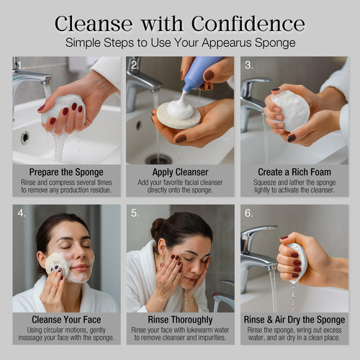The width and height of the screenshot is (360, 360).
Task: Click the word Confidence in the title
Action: [248, 24]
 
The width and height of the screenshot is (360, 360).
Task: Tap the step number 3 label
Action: [248, 65]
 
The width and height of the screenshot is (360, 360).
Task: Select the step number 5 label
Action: [135, 213]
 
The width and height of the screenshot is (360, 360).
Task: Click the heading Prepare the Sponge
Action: [66, 172]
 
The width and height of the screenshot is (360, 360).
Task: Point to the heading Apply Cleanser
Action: [180, 172]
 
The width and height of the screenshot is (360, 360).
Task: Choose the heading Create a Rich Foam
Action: [294, 172]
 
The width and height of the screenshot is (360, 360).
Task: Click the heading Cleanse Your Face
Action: [66, 320]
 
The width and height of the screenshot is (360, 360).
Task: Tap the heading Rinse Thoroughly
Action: [180, 320]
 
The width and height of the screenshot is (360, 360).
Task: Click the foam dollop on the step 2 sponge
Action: [181, 107]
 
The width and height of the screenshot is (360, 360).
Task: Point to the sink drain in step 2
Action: [159, 159]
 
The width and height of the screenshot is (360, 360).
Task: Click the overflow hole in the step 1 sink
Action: [24, 138]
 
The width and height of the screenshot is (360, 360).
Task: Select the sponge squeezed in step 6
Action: [298, 261]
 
